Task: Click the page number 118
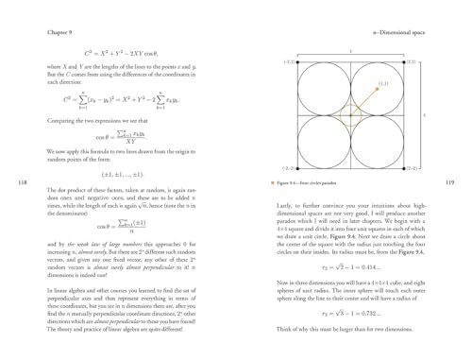click(x=11, y=182)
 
